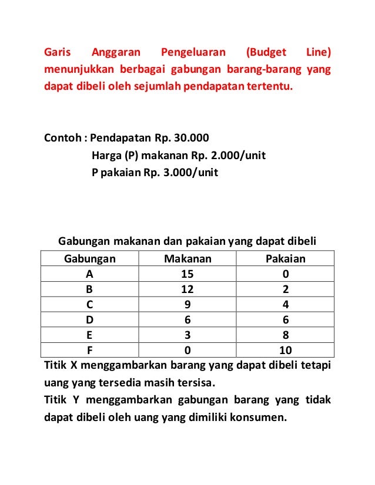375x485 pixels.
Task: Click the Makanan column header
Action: tap(187, 259)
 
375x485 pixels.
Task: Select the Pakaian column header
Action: tap(285, 259)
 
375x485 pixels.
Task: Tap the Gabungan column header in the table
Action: tap(89, 259)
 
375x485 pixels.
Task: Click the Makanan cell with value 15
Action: tap(187, 274)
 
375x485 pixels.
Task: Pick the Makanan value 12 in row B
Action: tap(187, 289)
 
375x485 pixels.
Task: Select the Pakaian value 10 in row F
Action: tap(285, 351)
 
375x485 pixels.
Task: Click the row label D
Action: tap(89, 320)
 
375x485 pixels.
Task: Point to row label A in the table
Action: tap(89, 274)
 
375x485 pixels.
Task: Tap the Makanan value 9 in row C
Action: tap(187, 305)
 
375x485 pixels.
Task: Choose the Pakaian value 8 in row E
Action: tap(285, 335)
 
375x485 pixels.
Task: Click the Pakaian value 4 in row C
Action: tap(285, 305)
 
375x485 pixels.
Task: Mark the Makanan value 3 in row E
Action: tap(187, 335)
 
